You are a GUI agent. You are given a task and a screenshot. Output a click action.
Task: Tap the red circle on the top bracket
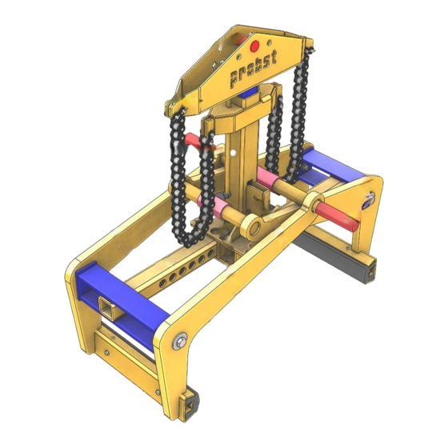pyautogui.click(x=254, y=46)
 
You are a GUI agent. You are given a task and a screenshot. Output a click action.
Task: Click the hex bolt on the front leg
pyautogui.click(x=180, y=341)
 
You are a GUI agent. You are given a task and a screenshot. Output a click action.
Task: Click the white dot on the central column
pyautogui.click(x=233, y=153)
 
